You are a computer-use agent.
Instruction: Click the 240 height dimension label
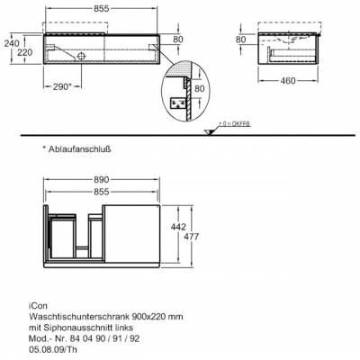pos(12,43)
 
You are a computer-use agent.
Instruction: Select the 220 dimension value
pos(24,52)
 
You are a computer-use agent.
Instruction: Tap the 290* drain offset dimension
pos(62,86)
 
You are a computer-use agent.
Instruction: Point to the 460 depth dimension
pos(288,80)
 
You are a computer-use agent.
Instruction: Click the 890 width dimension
pos(102,180)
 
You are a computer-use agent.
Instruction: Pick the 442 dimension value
pos(178,227)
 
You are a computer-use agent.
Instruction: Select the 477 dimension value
pos(191,237)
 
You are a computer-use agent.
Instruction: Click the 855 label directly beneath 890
pos(102,192)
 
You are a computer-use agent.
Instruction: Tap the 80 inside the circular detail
pos(200,88)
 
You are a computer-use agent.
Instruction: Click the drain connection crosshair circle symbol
pos(81,56)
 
